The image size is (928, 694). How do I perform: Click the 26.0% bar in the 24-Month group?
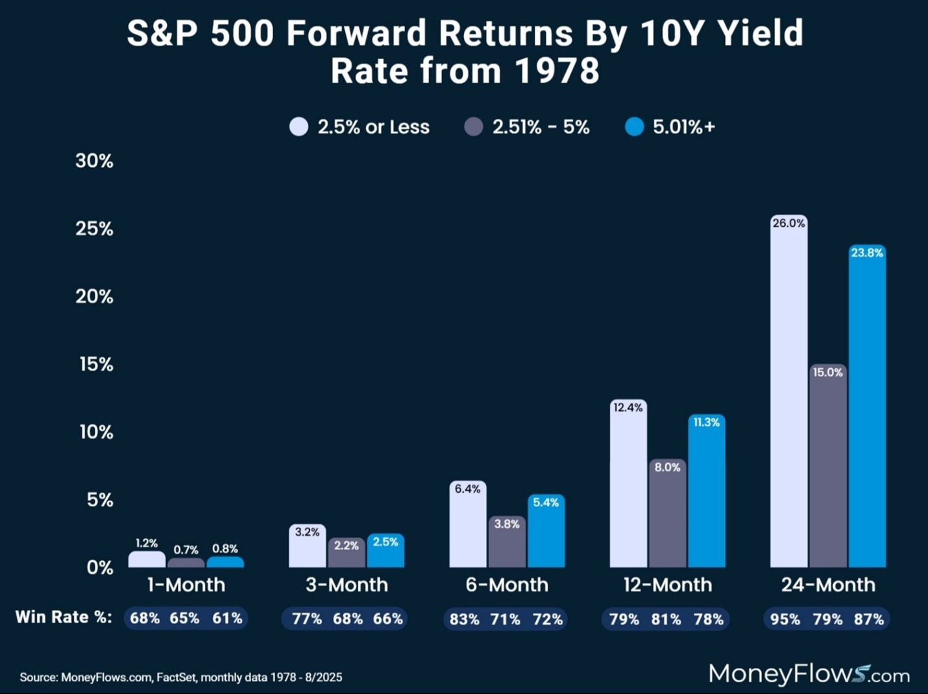pos(788,396)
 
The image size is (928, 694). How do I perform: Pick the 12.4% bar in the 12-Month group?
pos(628,487)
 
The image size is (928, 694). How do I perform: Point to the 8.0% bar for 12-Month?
pos(667,516)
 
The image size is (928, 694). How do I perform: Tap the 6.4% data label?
pos(467,489)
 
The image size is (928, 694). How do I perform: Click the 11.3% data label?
pos(706,423)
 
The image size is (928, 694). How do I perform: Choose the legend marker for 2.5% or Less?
pos(299,127)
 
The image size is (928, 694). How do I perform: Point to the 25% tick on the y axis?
pos(95,229)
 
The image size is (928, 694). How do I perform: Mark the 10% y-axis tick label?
pos(96,432)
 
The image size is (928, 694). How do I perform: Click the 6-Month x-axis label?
pos(507,585)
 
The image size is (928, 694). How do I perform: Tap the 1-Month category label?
pos(186,585)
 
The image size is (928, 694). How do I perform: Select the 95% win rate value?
pos(785,619)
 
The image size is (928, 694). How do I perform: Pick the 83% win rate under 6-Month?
pos(464,619)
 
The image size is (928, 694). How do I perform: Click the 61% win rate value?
pos(227,618)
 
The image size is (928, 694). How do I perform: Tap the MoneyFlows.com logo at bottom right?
pos(809,674)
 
